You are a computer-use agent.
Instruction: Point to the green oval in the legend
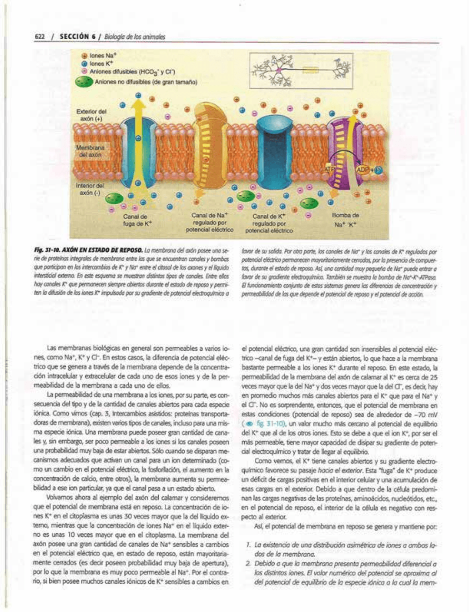coord(84,82)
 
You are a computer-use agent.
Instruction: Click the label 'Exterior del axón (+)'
coord(91,115)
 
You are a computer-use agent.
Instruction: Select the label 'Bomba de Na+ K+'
coord(345,220)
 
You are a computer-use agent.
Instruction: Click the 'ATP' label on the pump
coord(329,170)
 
